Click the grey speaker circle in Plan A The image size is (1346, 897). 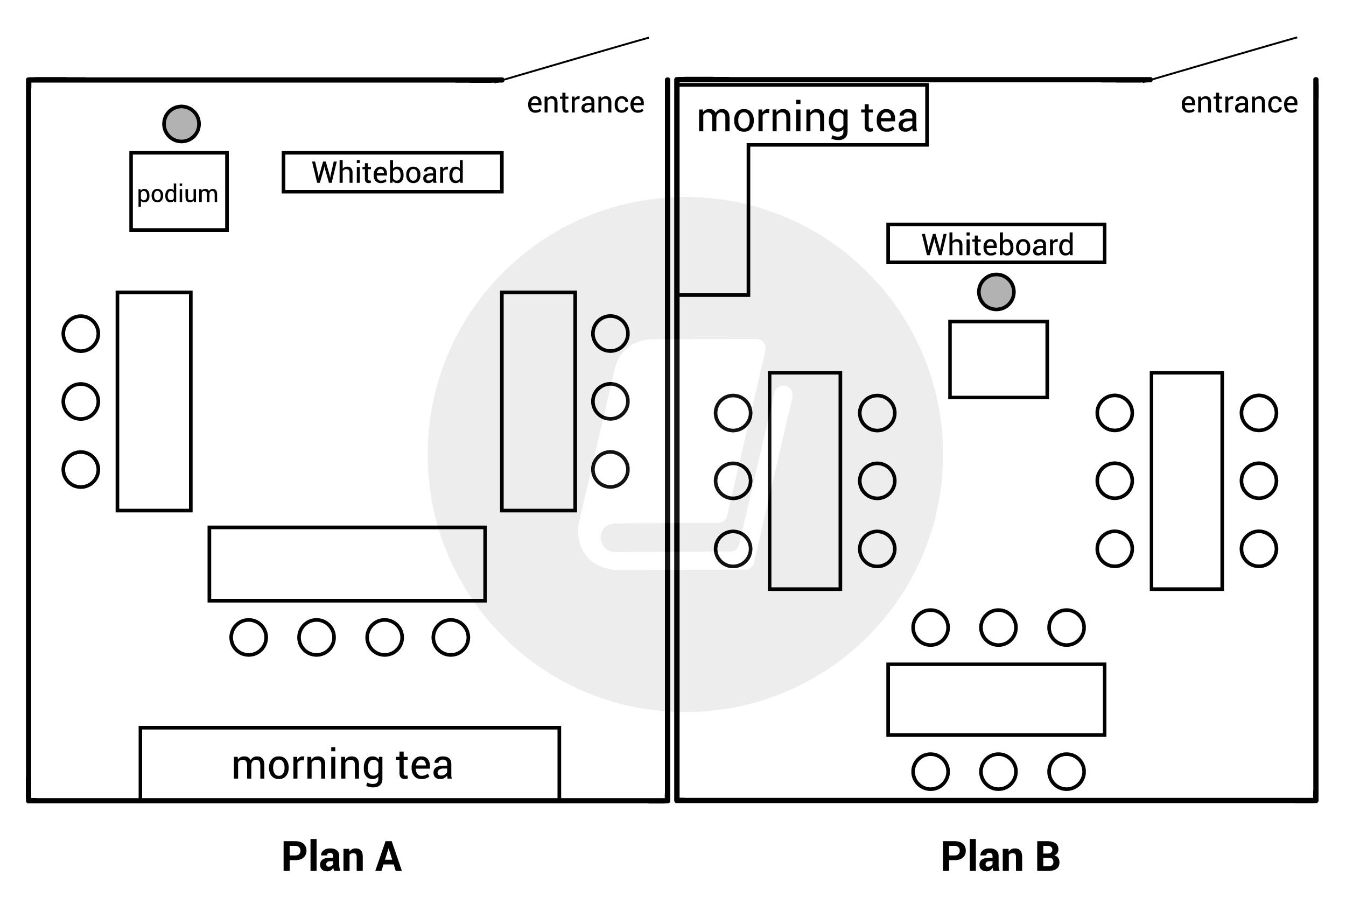point(181,124)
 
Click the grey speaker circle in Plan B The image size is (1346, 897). point(997,292)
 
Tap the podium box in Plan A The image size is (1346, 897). point(179,192)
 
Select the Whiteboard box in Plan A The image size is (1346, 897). point(392,172)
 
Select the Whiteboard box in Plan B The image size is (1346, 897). point(997,244)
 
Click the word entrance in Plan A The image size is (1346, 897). point(585,103)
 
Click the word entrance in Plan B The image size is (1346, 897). point(1239,103)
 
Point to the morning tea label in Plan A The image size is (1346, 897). point(342,765)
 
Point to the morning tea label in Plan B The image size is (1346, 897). point(807,118)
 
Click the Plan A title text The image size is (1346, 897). point(342,857)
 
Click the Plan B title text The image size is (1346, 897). point(1001,857)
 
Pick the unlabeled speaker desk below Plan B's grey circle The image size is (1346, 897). point(999,359)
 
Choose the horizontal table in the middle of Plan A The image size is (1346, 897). point(347,564)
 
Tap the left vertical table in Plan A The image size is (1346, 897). point(154,401)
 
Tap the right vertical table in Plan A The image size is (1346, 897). point(538,401)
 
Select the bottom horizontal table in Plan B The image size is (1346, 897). point(997,700)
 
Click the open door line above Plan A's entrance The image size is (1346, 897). point(577,58)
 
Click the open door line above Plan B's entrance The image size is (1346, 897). point(1225,58)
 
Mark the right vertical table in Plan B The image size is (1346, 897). point(1187,481)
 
